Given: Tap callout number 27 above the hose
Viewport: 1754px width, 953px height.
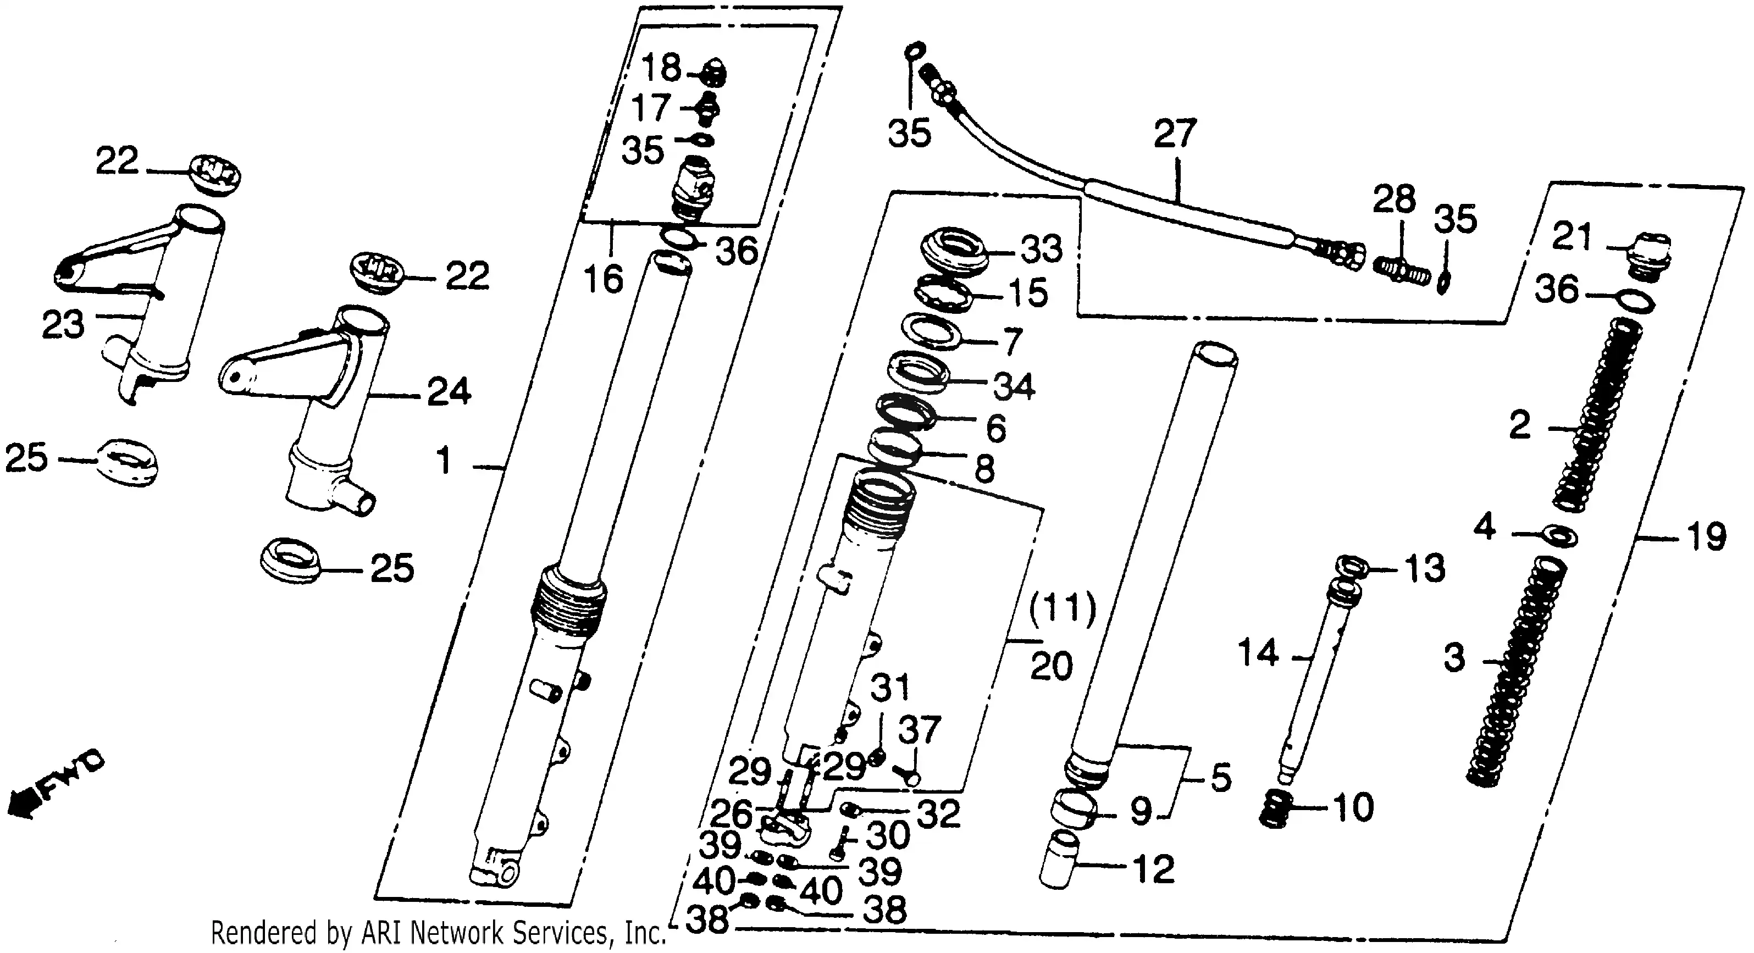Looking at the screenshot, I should pos(1175,134).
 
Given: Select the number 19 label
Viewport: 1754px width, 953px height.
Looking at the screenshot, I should pos(1706,536).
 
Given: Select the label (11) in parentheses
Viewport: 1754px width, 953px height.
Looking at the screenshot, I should pos(1062,608).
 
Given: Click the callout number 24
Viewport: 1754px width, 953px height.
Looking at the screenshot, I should pos(449,391).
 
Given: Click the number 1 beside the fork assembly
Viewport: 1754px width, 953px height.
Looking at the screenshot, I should pos(444,462).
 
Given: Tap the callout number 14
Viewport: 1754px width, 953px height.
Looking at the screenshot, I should pos(1258,653).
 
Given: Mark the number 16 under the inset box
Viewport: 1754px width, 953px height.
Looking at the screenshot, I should pos(604,279).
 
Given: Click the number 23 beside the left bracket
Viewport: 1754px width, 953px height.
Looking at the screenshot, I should pos(63,324).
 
